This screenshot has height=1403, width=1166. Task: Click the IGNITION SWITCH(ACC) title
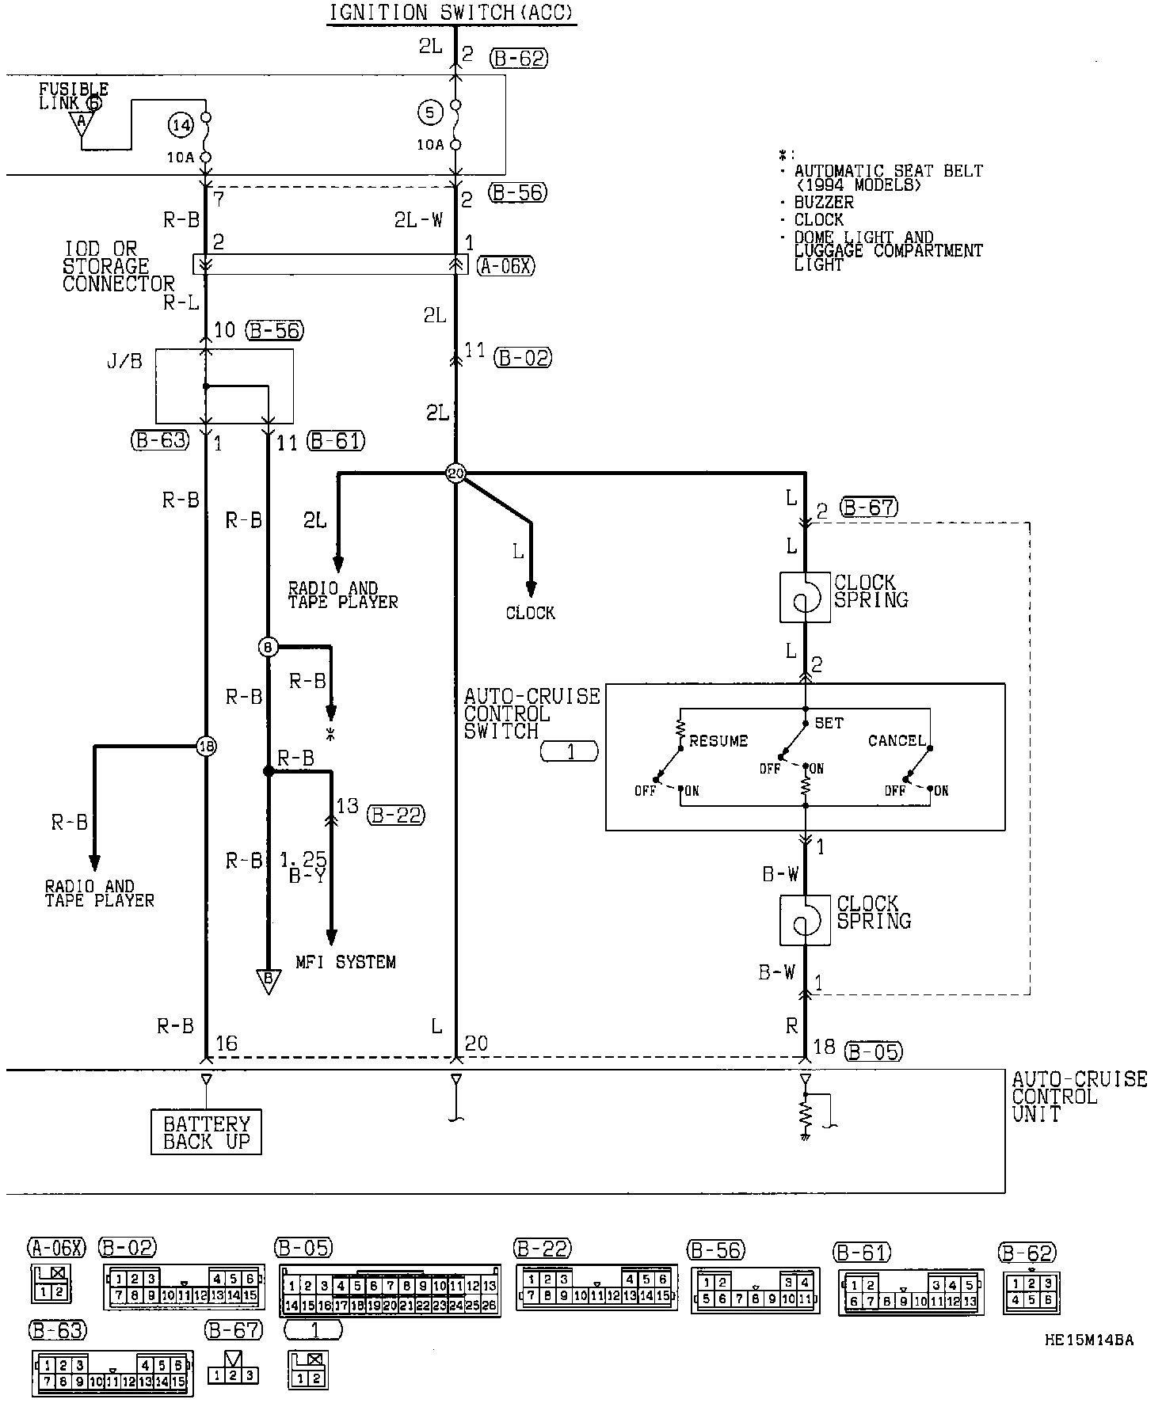452,13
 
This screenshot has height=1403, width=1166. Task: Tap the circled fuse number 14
181,124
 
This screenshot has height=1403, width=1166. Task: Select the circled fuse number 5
430,113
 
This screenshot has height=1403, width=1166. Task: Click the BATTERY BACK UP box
206,1132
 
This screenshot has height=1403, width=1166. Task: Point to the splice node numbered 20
455,473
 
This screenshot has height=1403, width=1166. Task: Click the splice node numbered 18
206,746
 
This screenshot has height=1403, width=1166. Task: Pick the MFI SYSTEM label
345,962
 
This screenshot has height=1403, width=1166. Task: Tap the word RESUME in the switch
718,741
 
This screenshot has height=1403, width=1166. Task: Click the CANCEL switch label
897,740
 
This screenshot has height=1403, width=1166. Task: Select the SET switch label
829,723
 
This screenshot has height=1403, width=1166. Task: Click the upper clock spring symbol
805,597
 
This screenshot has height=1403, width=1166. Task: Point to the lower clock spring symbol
805,920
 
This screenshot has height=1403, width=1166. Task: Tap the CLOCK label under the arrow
531,613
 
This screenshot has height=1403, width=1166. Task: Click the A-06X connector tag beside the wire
506,266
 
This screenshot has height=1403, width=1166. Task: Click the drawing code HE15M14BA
1088,1340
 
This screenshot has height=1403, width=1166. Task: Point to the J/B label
124,362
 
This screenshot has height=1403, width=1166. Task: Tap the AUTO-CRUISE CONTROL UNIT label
1079,1097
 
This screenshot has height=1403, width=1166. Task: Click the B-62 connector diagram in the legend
1031,1291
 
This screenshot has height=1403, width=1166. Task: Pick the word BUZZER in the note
824,203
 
